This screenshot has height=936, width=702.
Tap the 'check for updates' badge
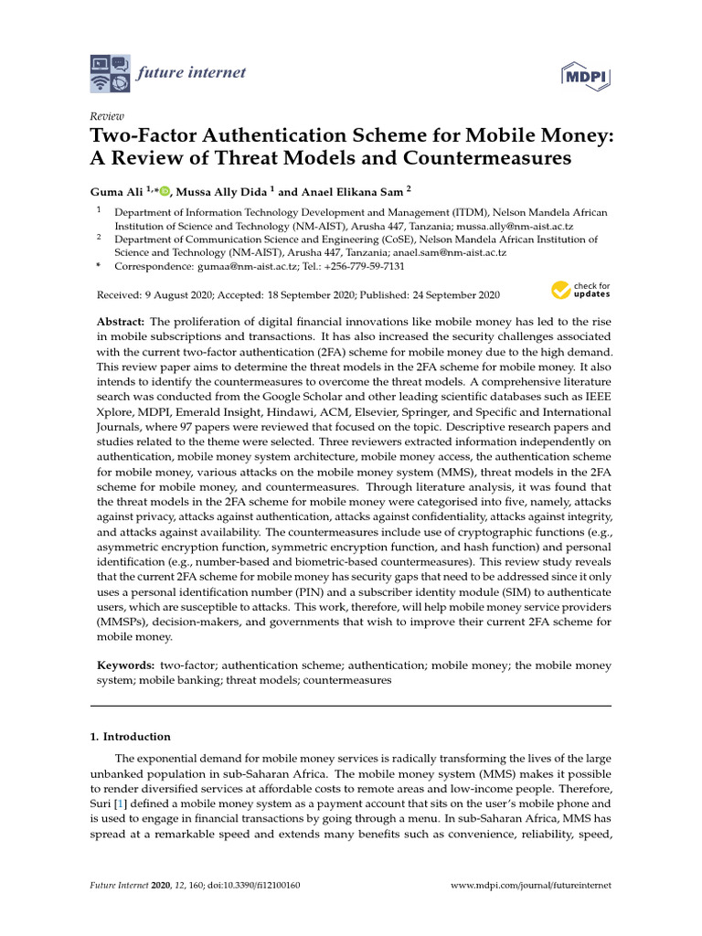pyautogui.click(x=580, y=291)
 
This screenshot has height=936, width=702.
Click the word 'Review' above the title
pyautogui.click(x=105, y=117)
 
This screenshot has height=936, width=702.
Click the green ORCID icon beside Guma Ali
pyautogui.click(x=165, y=191)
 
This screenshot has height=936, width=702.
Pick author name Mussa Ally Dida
pyautogui.click(x=222, y=192)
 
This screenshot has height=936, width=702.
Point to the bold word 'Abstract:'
pyautogui.click(x=122, y=323)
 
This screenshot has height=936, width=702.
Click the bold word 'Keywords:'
pyautogui.click(x=125, y=665)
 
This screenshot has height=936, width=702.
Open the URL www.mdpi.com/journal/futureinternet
pyautogui.click(x=532, y=886)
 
